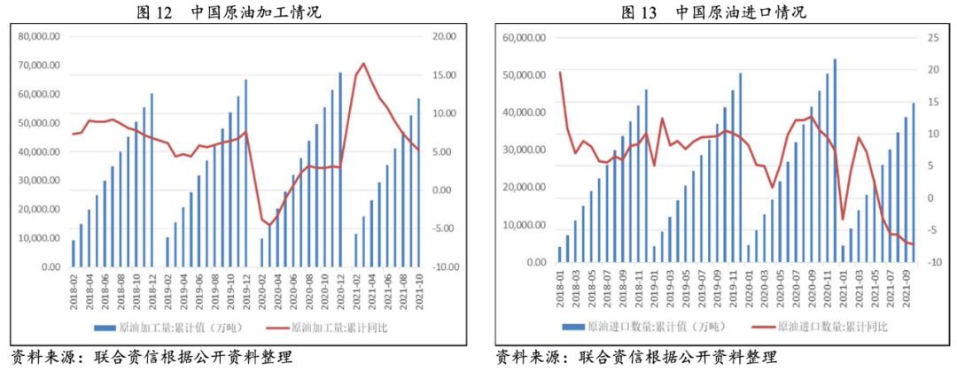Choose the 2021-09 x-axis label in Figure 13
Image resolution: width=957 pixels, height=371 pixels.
(x=907, y=290)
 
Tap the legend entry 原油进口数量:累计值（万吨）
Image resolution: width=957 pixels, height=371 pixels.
(x=653, y=327)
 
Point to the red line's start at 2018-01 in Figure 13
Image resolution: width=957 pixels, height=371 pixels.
(x=560, y=73)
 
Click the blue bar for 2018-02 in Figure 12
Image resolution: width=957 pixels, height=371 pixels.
(x=74, y=253)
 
